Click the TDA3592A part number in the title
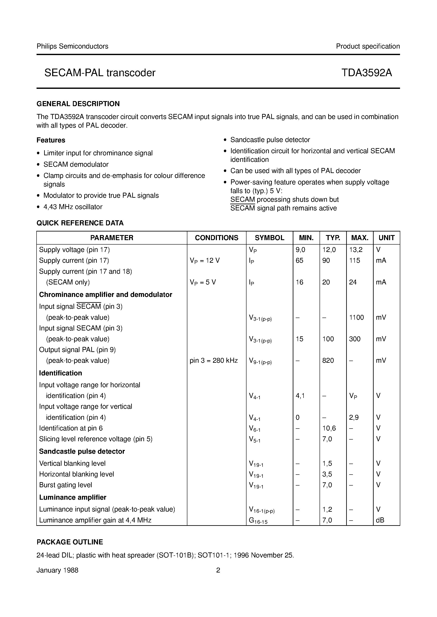(366, 73)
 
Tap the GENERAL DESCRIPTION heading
(78, 104)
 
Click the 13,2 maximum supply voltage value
(356, 250)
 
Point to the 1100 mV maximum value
(356, 318)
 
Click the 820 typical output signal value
(328, 361)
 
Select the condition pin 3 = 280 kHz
(214, 361)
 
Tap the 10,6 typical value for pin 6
(329, 428)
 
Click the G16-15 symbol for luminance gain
(258, 521)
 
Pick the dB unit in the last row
(380, 520)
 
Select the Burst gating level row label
(66, 485)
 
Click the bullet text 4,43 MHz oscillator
(73, 207)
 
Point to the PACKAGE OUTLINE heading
(70, 542)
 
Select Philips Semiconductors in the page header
(72, 46)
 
